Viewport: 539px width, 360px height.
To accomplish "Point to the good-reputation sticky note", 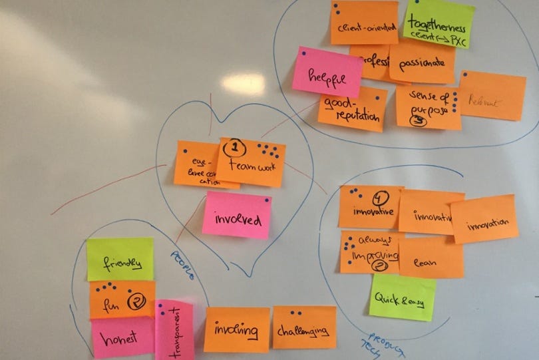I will point(352,109).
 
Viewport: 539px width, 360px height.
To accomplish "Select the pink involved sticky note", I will point(236,216).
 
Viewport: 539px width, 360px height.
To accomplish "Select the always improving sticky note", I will point(370,252).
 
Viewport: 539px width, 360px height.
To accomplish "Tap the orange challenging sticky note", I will point(304,327).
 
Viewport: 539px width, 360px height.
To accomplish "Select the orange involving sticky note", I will point(236,329).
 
